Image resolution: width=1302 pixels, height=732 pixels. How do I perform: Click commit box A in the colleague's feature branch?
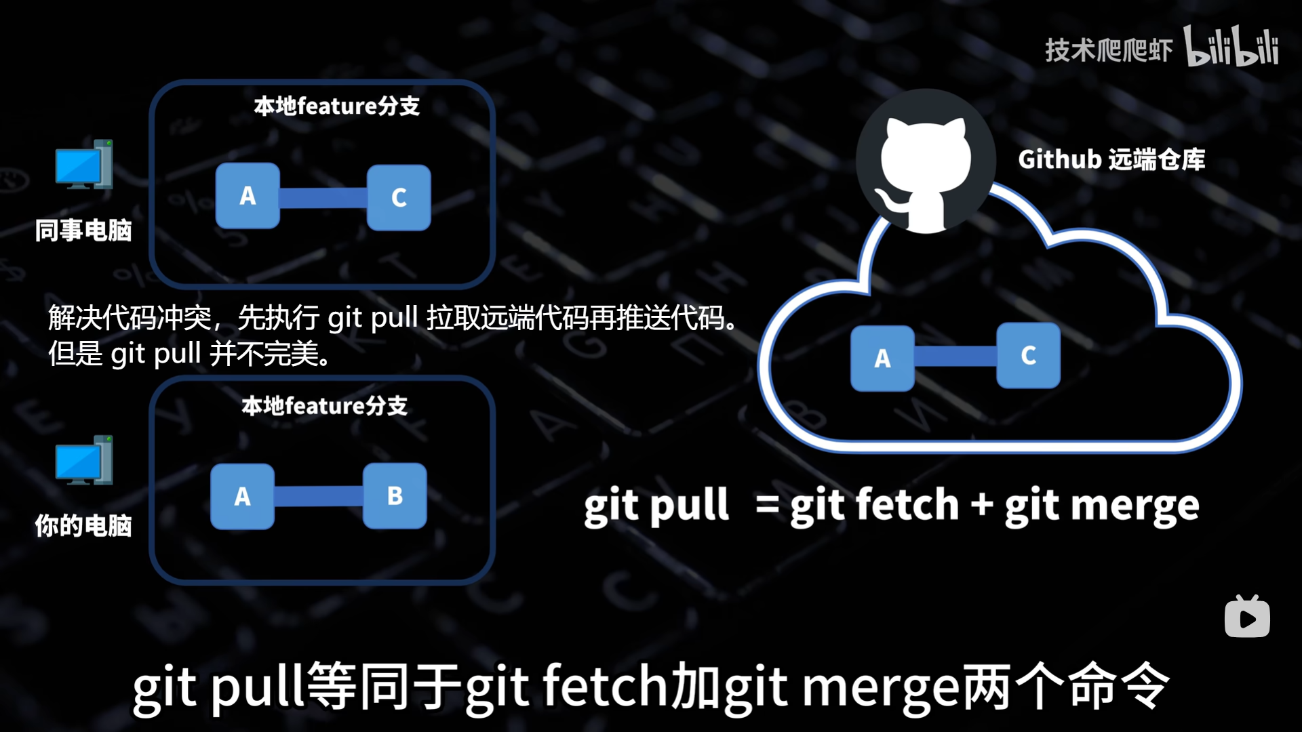pos(248,196)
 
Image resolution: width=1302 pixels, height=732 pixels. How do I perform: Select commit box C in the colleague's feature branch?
pos(399,197)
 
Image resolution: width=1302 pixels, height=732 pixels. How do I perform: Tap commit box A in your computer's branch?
pos(242,497)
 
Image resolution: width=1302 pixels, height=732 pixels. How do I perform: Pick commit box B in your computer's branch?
pos(395,496)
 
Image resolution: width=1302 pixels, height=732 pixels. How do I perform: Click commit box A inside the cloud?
pos(882,358)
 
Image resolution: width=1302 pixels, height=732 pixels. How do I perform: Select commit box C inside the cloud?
pos(1028,355)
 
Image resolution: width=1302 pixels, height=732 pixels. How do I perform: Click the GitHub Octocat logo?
pos(925,163)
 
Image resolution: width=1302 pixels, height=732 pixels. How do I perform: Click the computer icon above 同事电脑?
pos(84,165)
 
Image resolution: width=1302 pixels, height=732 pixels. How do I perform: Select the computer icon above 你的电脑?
pos(84,461)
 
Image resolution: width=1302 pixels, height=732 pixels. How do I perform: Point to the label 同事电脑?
pos(83,230)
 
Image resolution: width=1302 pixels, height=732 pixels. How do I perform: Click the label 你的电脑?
pos(83,526)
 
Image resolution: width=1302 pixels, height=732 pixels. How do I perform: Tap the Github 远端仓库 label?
pos(1111,160)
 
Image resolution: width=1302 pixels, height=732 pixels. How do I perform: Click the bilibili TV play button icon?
pos(1247,617)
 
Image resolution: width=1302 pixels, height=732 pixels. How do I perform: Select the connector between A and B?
pos(319,496)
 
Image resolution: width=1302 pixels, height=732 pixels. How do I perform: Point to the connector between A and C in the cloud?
pos(955,357)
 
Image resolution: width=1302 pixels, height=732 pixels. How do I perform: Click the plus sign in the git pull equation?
pos(981,506)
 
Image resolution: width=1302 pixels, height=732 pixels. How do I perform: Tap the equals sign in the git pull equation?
pos(767,505)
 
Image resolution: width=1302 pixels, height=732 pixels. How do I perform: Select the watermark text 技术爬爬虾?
pos(1108,50)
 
